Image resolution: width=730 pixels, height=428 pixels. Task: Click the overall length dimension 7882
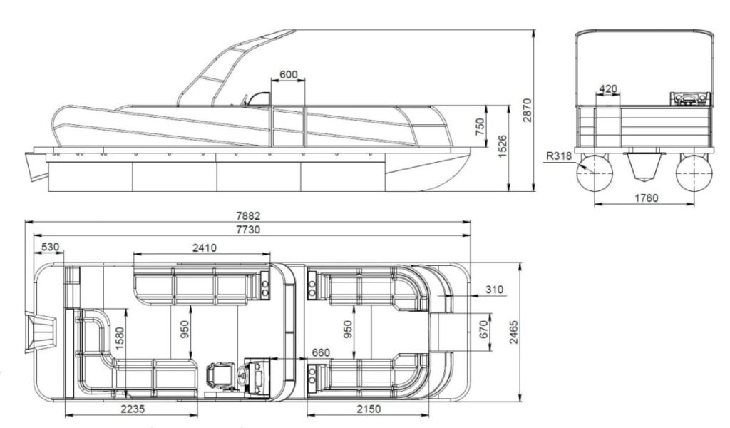coord(248,216)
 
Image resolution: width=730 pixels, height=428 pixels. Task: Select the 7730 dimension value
coord(248,229)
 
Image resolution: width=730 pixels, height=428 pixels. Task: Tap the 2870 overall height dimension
coord(527,110)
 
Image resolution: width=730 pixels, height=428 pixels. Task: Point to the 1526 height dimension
coord(503,146)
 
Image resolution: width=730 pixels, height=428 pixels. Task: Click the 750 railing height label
coord(480,127)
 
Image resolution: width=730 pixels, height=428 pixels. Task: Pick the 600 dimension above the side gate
coord(288,74)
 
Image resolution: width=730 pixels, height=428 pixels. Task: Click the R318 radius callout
coord(559,156)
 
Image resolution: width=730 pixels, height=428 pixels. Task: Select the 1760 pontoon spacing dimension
coord(647,198)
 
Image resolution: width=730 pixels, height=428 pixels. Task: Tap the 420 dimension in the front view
coord(607,88)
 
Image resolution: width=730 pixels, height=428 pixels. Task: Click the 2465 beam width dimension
coord(513,332)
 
